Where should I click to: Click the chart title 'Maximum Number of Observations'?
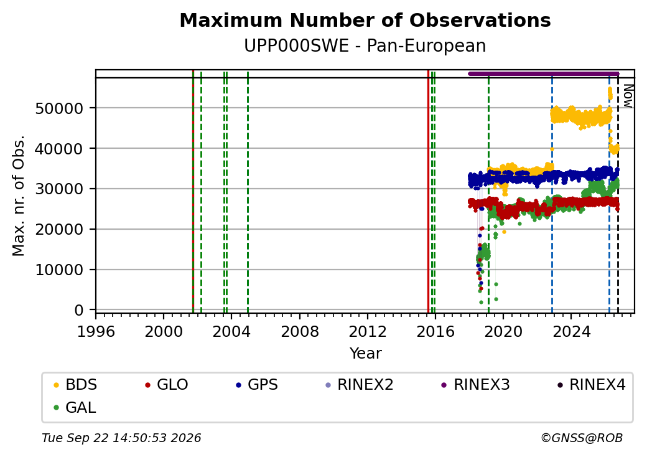tap(365, 20)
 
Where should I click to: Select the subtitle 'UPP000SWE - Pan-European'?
tap(365, 46)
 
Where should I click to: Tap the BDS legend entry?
tap(75, 385)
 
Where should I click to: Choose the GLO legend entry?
tap(167, 385)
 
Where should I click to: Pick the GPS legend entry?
tap(257, 385)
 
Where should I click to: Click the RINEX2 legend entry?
tap(360, 385)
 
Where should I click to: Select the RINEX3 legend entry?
tap(476, 385)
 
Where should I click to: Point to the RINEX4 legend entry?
tap(592, 385)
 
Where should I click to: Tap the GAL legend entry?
tap(75, 407)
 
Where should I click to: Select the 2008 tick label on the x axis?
tap(300, 331)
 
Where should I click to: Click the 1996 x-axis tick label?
tap(96, 331)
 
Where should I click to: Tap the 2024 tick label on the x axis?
tap(572, 331)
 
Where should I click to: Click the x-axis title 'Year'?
tap(366, 354)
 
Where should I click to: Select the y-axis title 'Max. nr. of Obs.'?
tap(19, 196)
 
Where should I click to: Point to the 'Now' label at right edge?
tap(628, 96)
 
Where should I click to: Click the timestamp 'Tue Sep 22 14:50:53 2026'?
tap(121, 438)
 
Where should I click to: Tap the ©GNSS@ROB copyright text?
tap(582, 438)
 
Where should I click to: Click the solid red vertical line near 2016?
tap(428, 192)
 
